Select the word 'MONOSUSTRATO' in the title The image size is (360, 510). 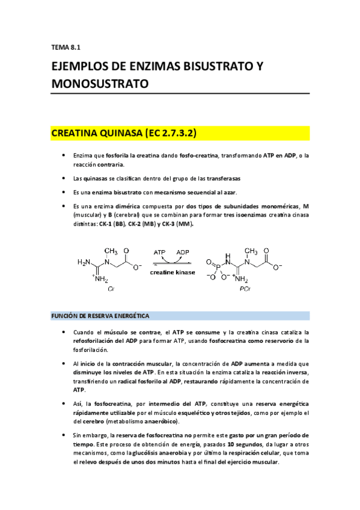tap(100, 84)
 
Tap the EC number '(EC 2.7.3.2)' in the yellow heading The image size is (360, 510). tap(171, 132)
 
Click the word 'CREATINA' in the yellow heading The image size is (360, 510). tap(79, 132)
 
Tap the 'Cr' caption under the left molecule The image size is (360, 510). tap(112, 289)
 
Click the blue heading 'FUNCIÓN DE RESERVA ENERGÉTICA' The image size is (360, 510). tap(100, 316)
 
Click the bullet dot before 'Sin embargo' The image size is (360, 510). tap(64, 434)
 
